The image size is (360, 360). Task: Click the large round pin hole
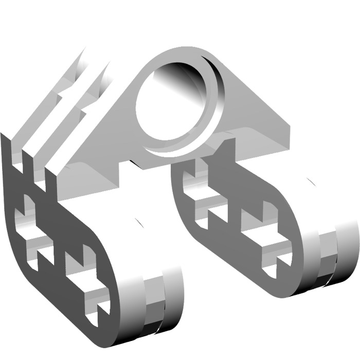tap(170, 108)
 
